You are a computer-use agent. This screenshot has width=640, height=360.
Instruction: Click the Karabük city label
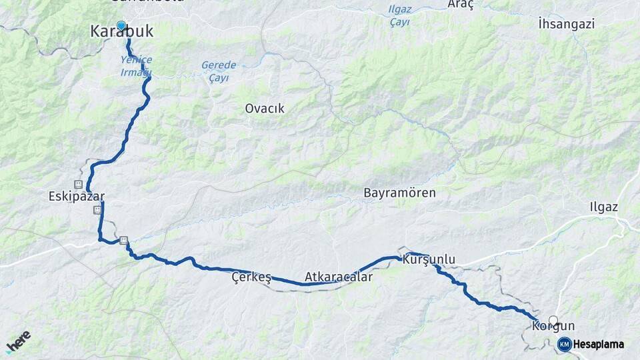click(122, 31)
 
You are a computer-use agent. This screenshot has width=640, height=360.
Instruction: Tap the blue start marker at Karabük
click(121, 26)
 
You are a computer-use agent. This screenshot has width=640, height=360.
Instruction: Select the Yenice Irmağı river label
click(136, 65)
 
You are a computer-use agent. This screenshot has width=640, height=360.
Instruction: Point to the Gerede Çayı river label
click(219, 71)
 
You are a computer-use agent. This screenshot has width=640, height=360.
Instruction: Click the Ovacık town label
click(265, 108)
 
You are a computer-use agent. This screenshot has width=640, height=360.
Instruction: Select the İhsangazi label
click(566, 24)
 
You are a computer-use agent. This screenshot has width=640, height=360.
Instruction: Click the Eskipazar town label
click(77, 197)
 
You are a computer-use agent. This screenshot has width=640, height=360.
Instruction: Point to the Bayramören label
click(399, 193)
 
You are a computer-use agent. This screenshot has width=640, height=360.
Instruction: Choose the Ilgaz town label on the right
click(603, 207)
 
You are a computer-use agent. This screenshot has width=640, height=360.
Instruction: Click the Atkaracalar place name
click(338, 276)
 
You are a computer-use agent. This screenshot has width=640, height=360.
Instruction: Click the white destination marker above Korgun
click(553, 320)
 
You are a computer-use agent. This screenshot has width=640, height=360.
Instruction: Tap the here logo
click(18, 341)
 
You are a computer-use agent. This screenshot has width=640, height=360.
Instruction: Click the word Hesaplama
click(598, 344)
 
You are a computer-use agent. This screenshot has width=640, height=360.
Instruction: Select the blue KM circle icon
click(564, 344)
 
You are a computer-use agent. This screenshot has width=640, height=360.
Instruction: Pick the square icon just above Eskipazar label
click(79, 184)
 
